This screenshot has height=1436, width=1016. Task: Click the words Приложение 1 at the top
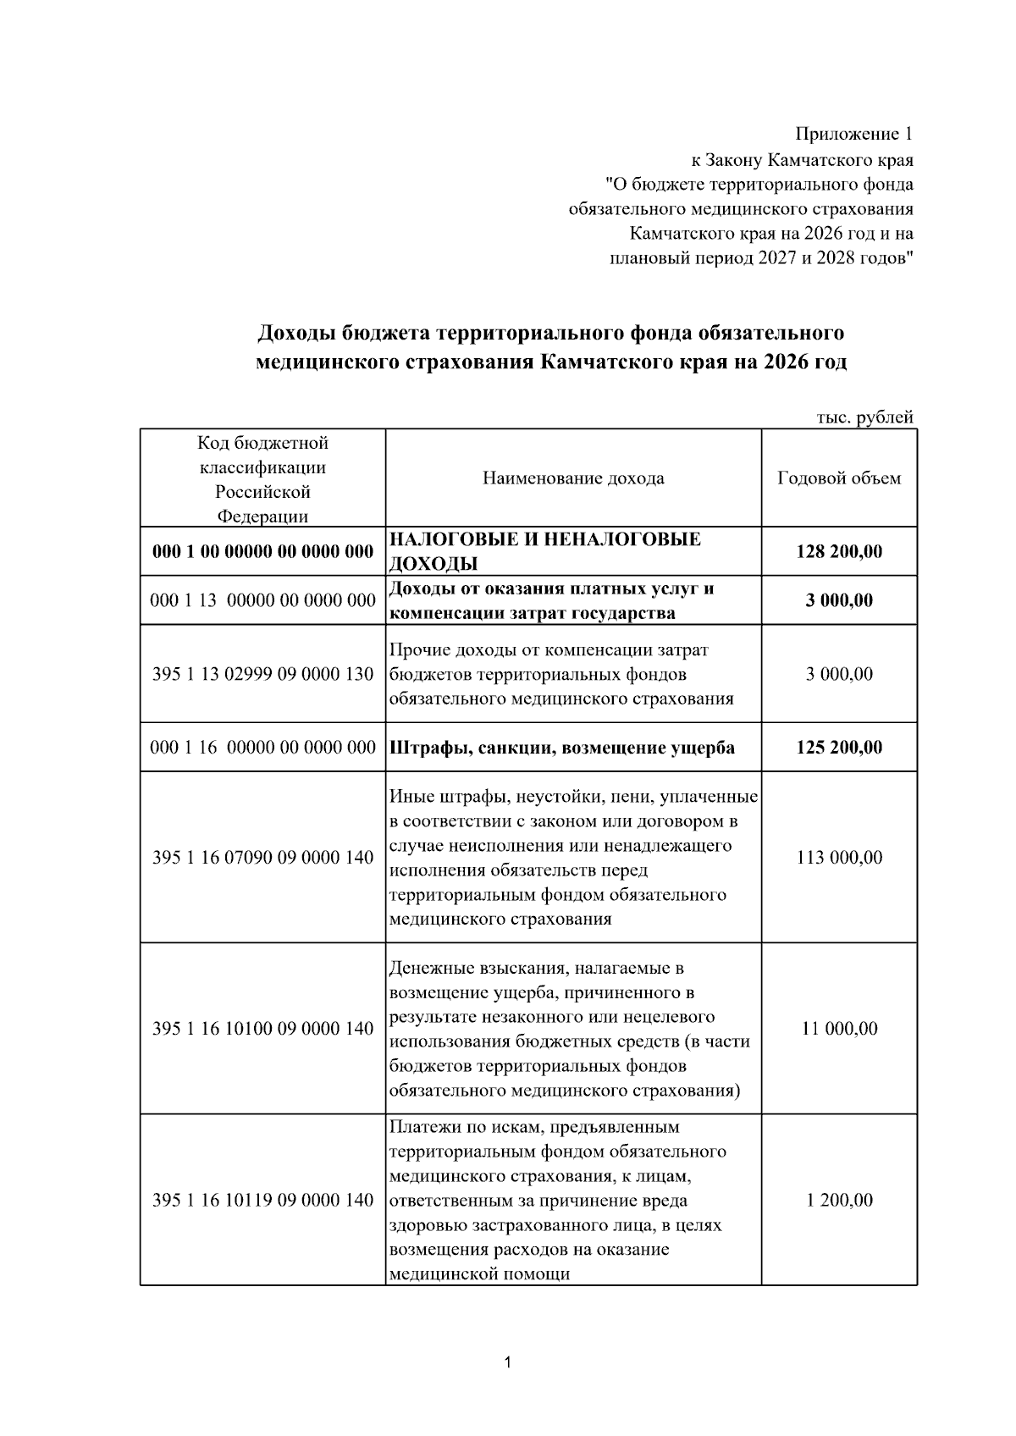(853, 134)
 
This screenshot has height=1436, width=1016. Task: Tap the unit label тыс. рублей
(864, 417)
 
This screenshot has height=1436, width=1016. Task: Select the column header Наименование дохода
(573, 478)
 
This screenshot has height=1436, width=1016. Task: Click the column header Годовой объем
(838, 478)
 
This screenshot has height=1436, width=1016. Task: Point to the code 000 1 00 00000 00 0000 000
(262, 552)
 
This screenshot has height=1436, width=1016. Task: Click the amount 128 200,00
(838, 552)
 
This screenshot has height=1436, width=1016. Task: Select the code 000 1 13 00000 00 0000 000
(262, 601)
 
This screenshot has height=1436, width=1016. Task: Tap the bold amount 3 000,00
(838, 601)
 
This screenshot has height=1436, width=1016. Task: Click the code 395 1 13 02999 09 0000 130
(262, 675)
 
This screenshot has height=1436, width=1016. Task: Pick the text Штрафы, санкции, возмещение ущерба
(562, 748)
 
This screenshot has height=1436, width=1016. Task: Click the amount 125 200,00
(838, 748)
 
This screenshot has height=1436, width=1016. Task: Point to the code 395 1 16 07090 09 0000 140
(262, 858)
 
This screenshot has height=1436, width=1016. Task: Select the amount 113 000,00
(838, 858)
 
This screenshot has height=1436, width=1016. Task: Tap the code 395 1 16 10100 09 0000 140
(262, 1029)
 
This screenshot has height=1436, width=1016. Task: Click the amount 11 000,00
(838, 1029)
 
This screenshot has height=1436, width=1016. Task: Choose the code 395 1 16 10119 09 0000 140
(262, 1200)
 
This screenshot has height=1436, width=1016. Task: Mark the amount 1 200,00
(838, 1200)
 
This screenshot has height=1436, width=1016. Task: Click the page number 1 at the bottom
(507, 1362)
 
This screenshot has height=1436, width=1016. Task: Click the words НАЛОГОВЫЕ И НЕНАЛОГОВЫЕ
(544, 540)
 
